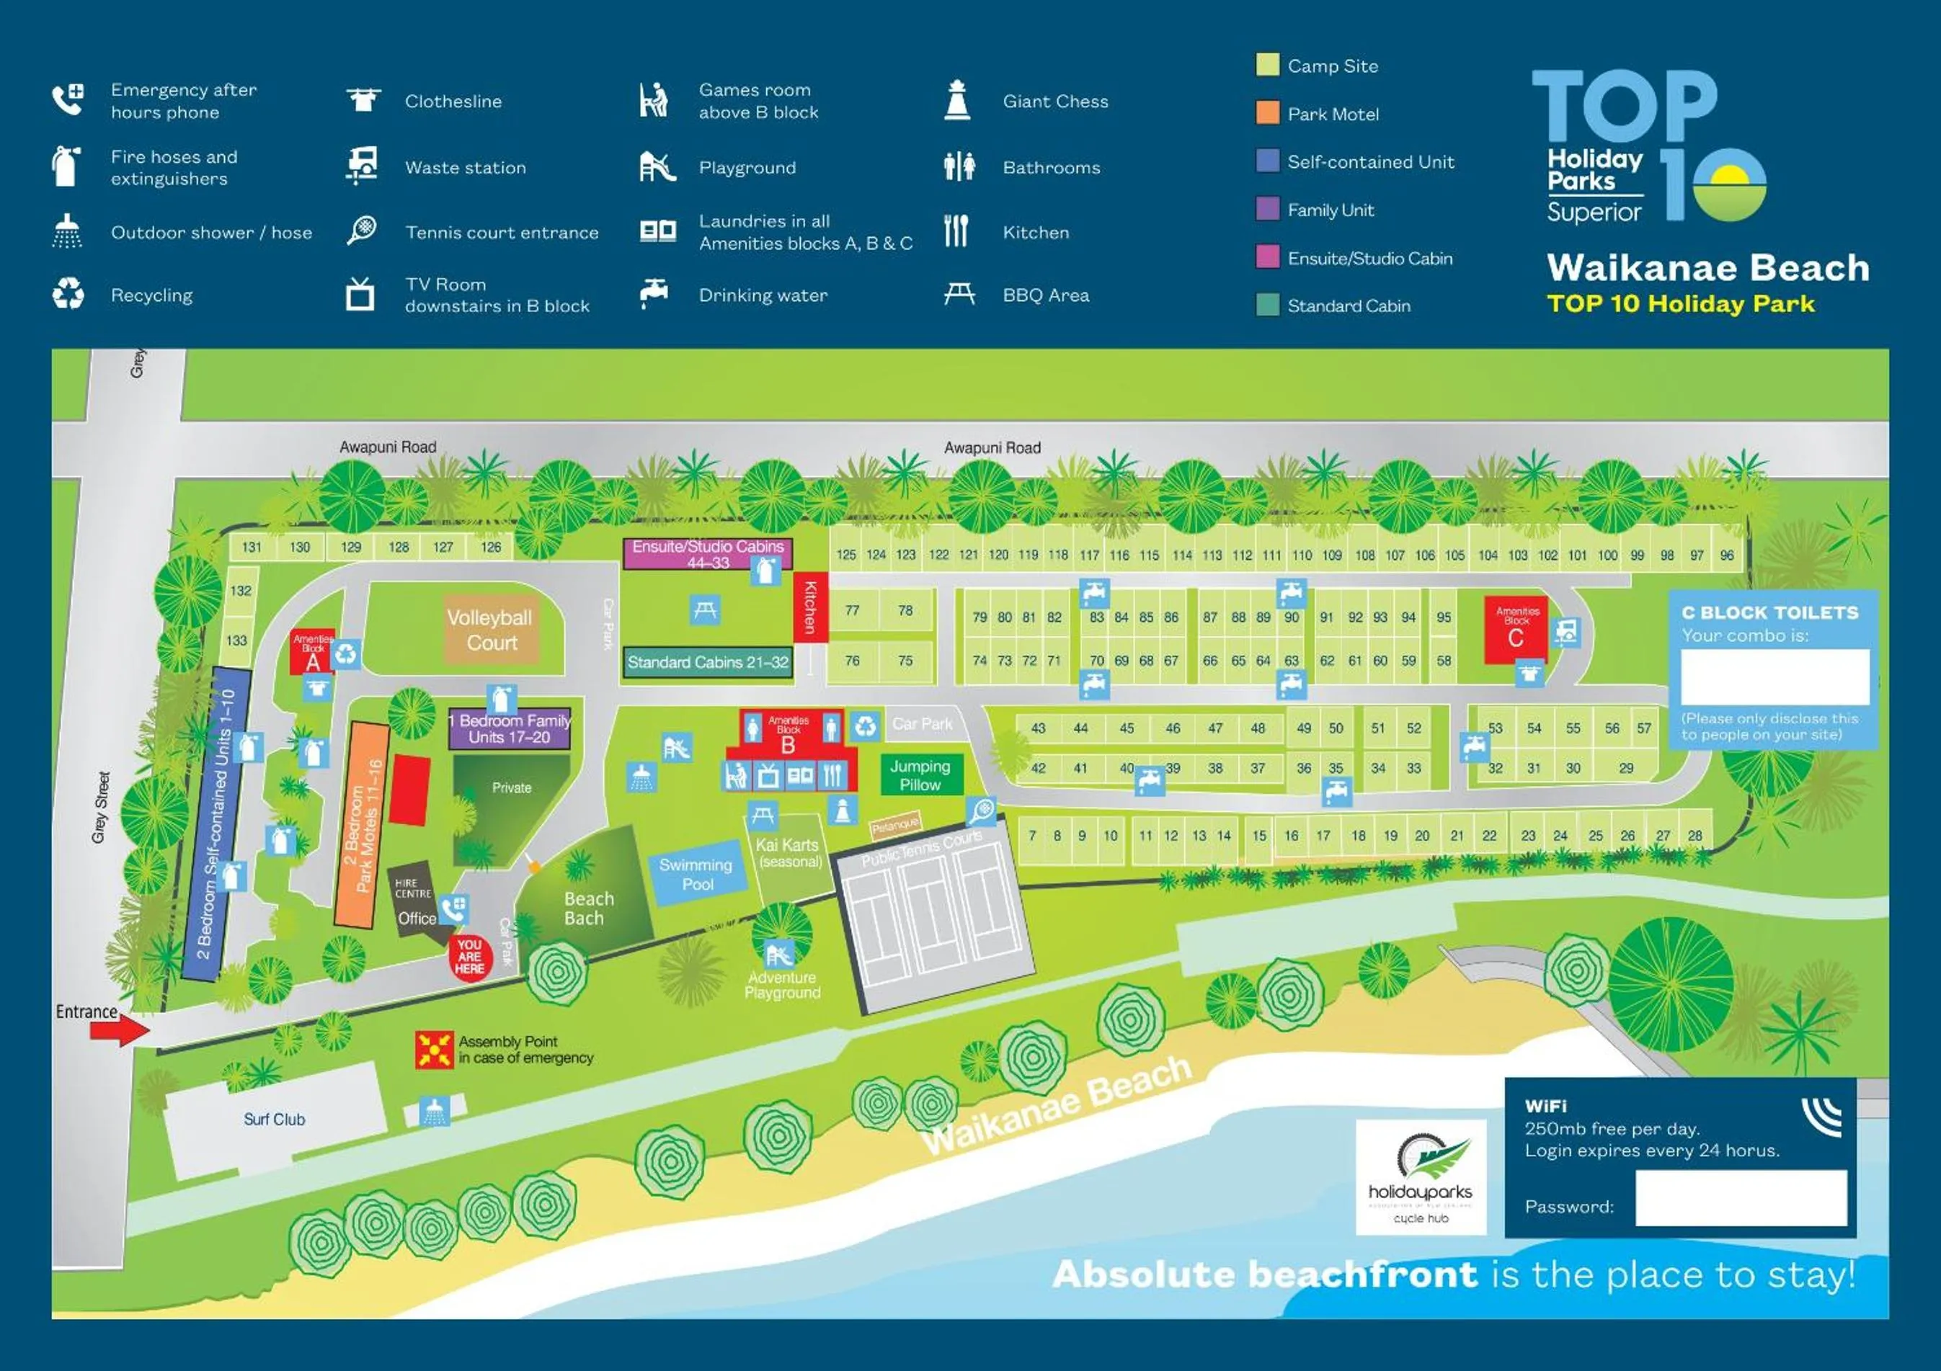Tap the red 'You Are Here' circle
[469, 957]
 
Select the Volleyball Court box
[490, 630]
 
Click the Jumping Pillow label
[920, 775]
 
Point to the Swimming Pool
[696, 874]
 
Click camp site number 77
[852, 609]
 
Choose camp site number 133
[236, 640]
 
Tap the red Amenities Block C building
[1516, 631]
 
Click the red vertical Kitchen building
[810, 606]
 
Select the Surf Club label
[274, 1119]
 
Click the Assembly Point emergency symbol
[434, 1050]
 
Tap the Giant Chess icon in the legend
[957, 101]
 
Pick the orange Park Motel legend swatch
[1267, 113]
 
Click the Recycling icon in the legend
[68, 294]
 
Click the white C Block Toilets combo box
[1775, 676]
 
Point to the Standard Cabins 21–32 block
[708, 662]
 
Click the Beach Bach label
[588, 908]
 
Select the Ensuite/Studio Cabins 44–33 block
[708, 553]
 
